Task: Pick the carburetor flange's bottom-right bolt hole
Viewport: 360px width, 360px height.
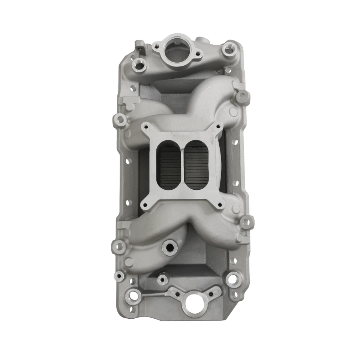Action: [220, 205]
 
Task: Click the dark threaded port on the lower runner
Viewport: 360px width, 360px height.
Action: [169, 247]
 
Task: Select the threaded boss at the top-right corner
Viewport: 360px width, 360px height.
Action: [228, 48]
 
